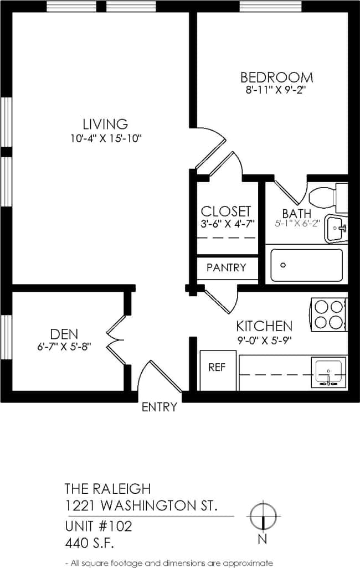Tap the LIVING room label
[105, 124]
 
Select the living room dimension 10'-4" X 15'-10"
[105, 138]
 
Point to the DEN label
[64, 334]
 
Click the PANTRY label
[226, 267]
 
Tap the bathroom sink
[336, 229]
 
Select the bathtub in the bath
[306, 265]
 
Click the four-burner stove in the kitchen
[328, 314]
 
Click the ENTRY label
[160, 407]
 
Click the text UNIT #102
[99, 525]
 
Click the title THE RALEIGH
[107, 488]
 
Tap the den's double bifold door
[116, 338]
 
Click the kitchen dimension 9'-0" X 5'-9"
[264, 340]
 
